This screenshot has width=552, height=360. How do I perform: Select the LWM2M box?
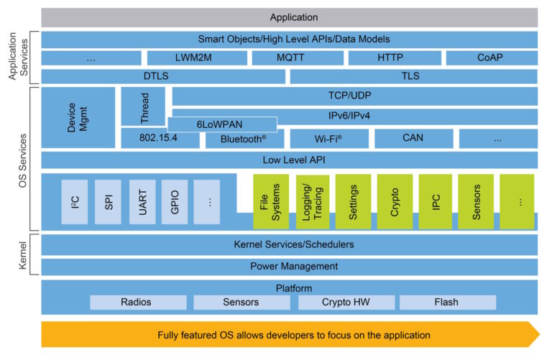click(x=193, y=58)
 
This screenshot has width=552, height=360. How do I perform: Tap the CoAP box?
click(x=491, y=58)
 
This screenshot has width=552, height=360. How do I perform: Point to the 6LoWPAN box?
click(x=223, y=124)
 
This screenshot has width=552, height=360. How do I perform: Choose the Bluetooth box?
click(x=244, y=139)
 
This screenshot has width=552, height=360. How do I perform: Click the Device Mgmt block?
click(x=78, y=117)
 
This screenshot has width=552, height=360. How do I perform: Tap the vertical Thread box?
click(x=142, y=106)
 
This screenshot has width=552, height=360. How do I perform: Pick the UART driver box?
click(x=142, y=202)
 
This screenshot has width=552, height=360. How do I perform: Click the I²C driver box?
click(x=75, y=202)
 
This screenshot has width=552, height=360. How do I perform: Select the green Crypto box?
click(x=395, y=202)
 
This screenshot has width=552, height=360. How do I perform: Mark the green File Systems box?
click(x=271, y=202)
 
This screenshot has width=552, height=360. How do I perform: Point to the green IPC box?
click(x=436, y=202)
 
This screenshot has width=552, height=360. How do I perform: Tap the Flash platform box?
click(x=446, y=303)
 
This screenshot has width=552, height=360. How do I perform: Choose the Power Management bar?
click(x=293, y=267)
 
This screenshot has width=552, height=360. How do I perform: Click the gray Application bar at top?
click(x=293, y=17)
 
